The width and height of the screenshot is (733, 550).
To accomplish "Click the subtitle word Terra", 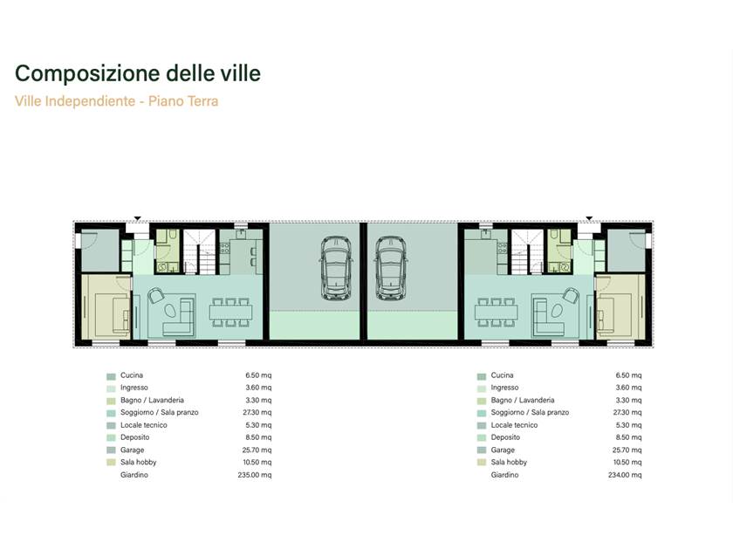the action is click(x=202, y=101).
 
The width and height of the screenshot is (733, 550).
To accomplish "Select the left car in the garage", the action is click(x=336, y=267).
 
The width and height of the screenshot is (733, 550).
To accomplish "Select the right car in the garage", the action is click(x=391, y=267).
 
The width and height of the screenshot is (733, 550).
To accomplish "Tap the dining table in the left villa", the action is click(x=231, y=312).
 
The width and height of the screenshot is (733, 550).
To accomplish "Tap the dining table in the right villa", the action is click(x=496, y=312).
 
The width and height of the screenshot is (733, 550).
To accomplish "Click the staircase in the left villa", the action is click(x=200, y=252).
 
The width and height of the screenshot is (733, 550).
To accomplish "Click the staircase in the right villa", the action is click(x=527, y=252).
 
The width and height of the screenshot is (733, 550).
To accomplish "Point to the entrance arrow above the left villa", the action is click(x=138, y=218).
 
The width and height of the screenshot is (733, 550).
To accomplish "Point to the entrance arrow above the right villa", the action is click(x=589, y=218).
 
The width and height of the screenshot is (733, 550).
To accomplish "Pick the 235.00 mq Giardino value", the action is click(x=254, y=475).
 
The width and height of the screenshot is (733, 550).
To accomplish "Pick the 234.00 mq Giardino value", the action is click(x=625, y=475).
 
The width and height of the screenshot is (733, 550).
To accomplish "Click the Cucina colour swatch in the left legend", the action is click(x=111, y=376).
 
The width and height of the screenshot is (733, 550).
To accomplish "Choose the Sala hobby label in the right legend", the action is click(x=509, y=462).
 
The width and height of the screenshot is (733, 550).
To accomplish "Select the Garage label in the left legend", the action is click(x=133, y=450).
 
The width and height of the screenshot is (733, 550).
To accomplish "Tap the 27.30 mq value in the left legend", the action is click(x=257, y=412).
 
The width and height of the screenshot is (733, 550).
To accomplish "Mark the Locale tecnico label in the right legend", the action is click(x=514, y=425).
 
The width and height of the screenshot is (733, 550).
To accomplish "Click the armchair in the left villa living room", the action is click(x=156, y=296).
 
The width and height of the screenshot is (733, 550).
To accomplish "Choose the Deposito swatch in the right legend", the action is click(x=482, y=438).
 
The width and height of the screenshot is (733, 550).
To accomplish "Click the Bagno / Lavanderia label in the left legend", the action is click(x=152, y=401).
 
